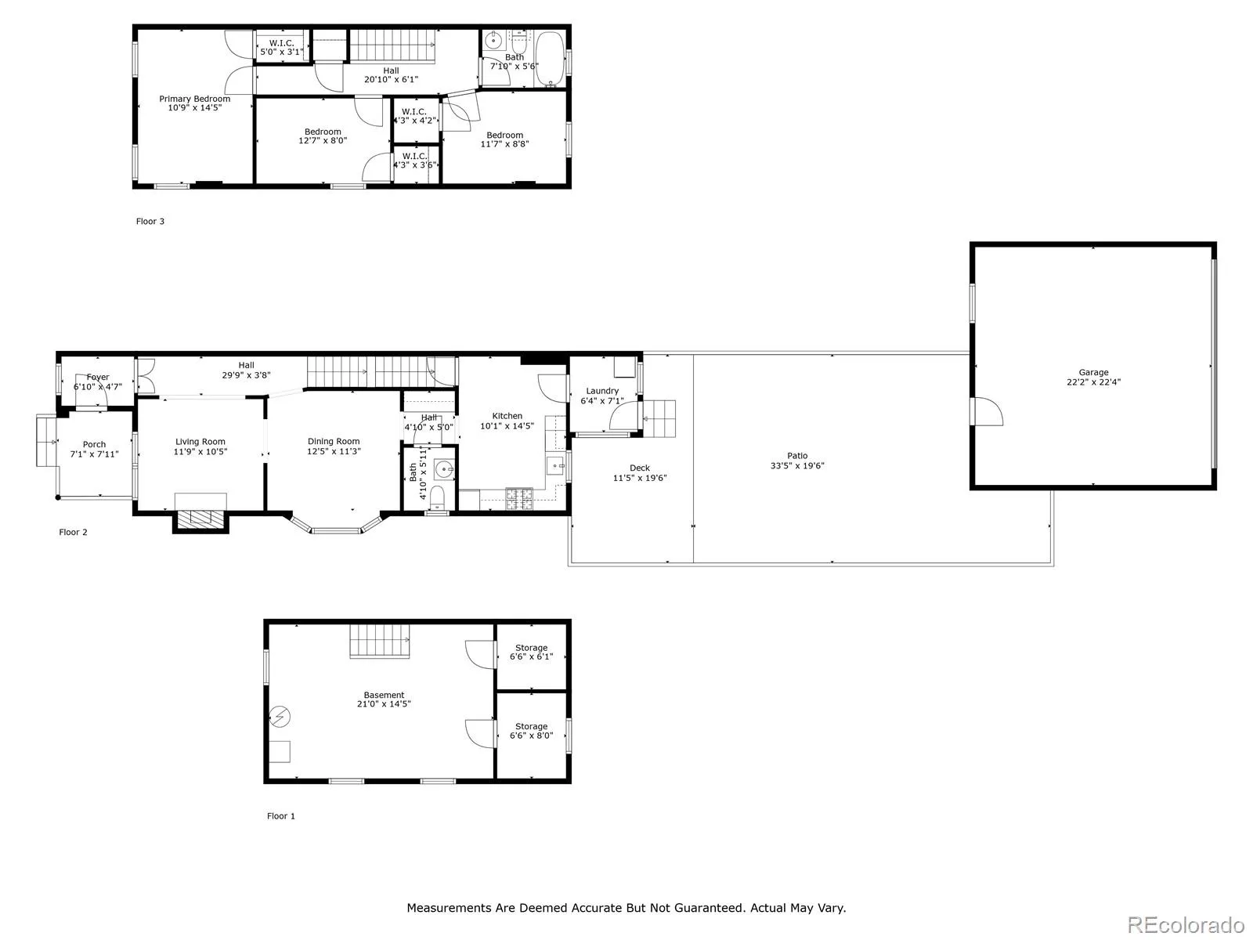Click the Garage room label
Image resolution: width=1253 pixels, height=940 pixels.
click(1092, 372)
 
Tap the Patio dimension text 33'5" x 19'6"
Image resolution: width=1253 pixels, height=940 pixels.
click(797, 466)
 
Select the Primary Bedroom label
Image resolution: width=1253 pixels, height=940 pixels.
click(195, 99)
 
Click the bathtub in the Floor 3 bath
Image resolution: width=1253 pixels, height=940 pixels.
click(550, 59)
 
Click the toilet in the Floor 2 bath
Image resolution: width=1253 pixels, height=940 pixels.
click(437, 497)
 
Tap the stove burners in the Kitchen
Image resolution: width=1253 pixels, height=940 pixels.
click(519, 498)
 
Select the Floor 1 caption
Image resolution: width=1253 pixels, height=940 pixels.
click(281, 816)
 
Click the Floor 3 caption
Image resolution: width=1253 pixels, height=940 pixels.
click(150, 222)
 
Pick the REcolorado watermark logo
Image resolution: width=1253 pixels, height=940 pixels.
click(1186, 924)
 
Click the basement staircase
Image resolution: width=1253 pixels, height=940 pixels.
click(380, 641)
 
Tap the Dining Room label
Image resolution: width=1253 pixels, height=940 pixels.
click(334, 441)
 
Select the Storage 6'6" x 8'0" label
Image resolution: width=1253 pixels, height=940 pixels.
click(531, 731)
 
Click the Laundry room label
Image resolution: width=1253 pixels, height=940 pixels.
click(602, 391)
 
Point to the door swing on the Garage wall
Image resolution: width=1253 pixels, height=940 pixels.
click(988, 411)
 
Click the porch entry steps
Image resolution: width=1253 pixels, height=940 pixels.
click(47, 441)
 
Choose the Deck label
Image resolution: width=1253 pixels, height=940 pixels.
click(639, 468)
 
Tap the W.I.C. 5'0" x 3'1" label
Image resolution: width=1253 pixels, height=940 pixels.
click(281, 47)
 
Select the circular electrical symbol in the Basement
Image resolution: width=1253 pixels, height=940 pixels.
click(280, 716)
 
